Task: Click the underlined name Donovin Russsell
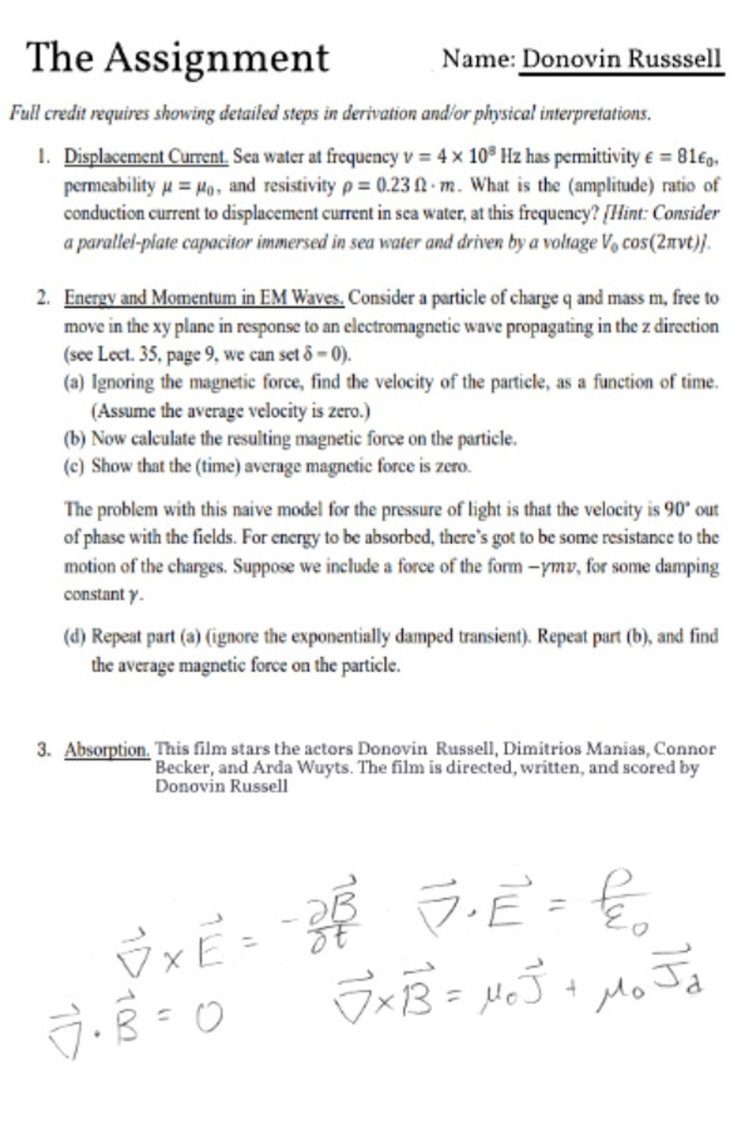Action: click(622, 59)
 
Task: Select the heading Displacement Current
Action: click(146, 157)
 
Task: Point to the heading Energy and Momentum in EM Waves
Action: click(204, 298)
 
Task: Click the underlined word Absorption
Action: click(107, 750)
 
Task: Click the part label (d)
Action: click(75, 637)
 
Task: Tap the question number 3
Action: click(42, 750)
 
